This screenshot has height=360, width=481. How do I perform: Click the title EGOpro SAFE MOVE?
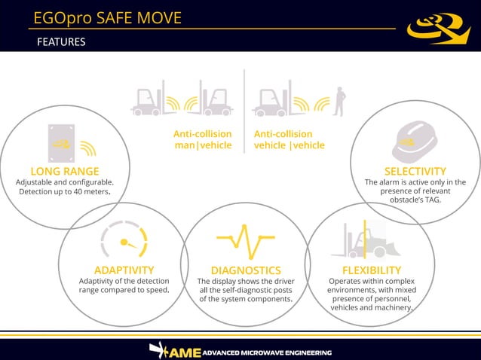[x=108, y=17]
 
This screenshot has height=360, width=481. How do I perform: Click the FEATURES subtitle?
[x=61, y=42]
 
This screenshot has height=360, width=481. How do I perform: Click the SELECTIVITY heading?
[x=415, y=171]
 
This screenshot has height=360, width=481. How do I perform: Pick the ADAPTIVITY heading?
[x=124, y=270]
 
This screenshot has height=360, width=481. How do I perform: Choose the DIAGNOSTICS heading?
[x=246, y=270]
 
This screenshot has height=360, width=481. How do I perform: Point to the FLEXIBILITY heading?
[x=371, y=270]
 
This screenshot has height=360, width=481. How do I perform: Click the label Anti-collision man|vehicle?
[x=202, y=139]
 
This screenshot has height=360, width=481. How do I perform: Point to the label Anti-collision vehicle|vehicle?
[x=289, y=139]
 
